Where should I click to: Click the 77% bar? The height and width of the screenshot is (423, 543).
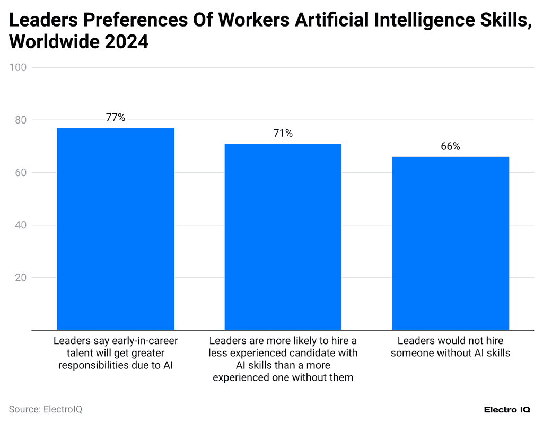click(115, 228)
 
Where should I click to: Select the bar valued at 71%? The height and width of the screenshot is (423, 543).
click(283, 236)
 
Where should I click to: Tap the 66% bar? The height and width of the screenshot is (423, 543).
click(450, 243)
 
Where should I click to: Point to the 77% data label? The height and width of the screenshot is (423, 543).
click(115, 118)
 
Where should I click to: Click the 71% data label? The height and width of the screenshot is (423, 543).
click(283, 134)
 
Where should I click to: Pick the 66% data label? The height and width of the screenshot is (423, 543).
click(450, 147)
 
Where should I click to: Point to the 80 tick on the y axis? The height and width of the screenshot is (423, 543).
click(21, 120)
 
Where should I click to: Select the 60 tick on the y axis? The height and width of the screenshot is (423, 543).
click(21, 173)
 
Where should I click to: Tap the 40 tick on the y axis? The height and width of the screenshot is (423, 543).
click(21, 225)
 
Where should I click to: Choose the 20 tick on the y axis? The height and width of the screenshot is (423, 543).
click(21, 278)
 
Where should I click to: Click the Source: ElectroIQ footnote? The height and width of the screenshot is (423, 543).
click(46, 409)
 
